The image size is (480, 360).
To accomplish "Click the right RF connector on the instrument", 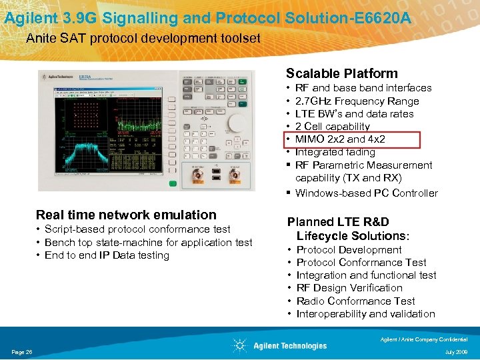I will click(234, 175).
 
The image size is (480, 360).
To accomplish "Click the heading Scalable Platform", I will click(341, 74).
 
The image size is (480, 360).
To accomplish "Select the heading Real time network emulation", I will click(126, 215).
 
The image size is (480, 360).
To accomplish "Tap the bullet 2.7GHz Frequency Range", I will click(357, 101).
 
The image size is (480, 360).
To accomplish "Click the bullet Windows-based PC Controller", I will click(366, 193).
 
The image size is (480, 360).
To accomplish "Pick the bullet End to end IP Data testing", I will click(107, 255).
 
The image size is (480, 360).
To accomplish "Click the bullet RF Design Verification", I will click(349, 288).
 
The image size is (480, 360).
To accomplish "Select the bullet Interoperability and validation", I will click(365, 314).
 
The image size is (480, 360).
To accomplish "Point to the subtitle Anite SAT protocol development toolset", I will click(143, 39).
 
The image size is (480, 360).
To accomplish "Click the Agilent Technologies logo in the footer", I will click(280, 345).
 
